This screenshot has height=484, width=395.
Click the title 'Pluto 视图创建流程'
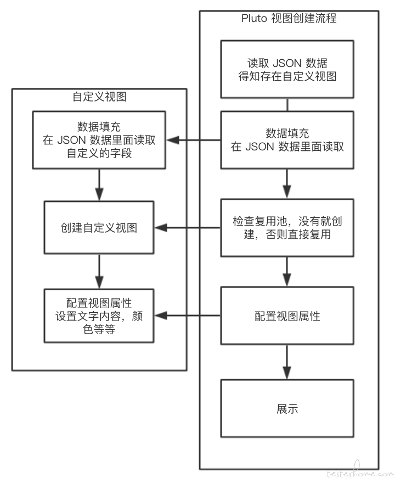(x=289, y=19)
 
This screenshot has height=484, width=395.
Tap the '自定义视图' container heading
(x=99, y=97)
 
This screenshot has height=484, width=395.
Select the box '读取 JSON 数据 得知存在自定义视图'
(x=287, y=69)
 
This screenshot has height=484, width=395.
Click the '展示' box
(x=287, y=408)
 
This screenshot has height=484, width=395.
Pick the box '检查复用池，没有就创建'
(x=287, y=228)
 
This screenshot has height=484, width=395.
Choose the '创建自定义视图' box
(x=99, y=228)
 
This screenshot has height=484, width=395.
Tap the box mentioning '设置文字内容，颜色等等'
(x=99, y=316)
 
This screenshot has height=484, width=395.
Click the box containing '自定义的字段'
(x=99, y=140)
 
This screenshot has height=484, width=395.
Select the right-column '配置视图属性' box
(x=287, y=316)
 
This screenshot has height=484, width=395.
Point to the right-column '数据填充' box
(x=287, y=140)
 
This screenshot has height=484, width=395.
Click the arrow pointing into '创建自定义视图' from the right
(x=188, y=228)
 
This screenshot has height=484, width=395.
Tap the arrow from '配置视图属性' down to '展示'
(x=287, y=362)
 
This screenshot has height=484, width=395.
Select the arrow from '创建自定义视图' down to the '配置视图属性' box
(x=99, y=272)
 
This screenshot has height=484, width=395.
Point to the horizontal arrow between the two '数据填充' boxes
(x=194, y=140)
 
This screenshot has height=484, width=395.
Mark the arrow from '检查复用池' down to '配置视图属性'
(x=287, y=272)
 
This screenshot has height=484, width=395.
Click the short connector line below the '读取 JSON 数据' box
(x=287, y=105)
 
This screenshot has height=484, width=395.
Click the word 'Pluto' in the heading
(x=254, y=19)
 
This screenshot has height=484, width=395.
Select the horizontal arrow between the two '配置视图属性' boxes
(x=188, y=316)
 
